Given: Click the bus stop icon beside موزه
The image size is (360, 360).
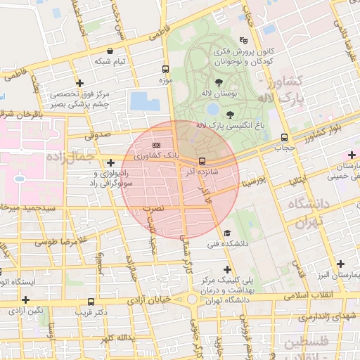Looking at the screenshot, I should pyautogui.click(x=166, y=70).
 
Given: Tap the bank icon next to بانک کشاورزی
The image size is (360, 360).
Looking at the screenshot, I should pyautogui.click(x=156, y=144).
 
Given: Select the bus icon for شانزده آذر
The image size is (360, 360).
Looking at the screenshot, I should pyautogui.click(x=202, y=160).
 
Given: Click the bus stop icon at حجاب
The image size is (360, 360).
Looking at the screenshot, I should pyautogui.click(x=284, y=137).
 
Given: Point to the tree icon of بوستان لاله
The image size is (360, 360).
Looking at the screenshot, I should pyautogui.click(x=227, y=82).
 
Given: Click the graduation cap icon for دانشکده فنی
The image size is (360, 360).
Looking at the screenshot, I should pyautogui.click(x=226, y=233).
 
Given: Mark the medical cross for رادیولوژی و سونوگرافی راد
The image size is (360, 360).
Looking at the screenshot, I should pyautogui.click(x=111, y=163).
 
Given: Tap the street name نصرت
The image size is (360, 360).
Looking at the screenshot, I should pyautogui.click(x=153, y=209).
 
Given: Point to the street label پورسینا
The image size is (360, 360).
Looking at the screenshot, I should pyautogui.click(x=253, y=183).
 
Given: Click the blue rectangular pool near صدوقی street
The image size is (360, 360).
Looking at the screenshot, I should pyautogui.click(x=145, y=101).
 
